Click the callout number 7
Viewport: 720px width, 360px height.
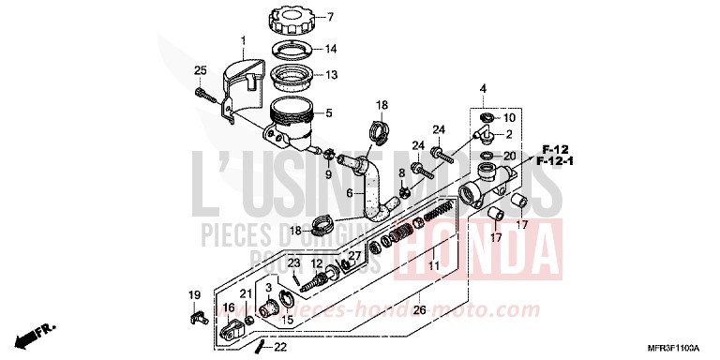pyautogui.click(x=330, y=18)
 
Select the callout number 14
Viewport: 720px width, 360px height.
pyautogui.click(x=330, y=48)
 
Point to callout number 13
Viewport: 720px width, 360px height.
pyautogui.click(x=330, y=76)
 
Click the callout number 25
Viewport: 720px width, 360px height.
pyautogui.click(x=200, y=71)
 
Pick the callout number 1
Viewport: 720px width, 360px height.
pyautogui.click(x=242, y=40)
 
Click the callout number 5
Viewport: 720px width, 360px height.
pyautogui.click(x=328, y=115)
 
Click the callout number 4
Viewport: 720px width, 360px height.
pyautogui.click(x=484, y=89)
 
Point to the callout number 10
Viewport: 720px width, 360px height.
pyautogui.click(x=509, y=118)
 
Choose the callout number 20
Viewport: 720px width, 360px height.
pyautogui.click(x=509, y=156)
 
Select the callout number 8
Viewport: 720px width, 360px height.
pyautogui.click(x=401, y=173)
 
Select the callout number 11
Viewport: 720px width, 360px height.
pyautogui.click(x=433, y=267)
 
